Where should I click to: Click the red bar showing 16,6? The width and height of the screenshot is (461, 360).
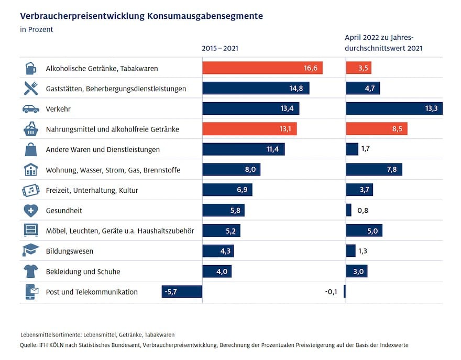(x=262, y=68)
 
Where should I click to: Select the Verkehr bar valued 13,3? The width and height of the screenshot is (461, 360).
(x=394, y=108)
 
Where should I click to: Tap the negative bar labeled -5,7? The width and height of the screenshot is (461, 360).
(x=182, y=292)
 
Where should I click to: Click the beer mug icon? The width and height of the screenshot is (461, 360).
(x=31, y=68)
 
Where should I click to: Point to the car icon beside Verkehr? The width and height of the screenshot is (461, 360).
(x=31, y=109)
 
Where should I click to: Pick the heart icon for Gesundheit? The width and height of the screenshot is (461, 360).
(x=31, y=211)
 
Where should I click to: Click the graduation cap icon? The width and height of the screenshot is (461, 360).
(x=31, y=251)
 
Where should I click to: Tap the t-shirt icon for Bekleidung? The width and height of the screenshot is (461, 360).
(x=31, y=271)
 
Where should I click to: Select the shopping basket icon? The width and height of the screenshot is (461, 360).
(x=31, y=129)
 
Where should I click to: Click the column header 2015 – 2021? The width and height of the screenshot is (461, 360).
(x=220, y=48)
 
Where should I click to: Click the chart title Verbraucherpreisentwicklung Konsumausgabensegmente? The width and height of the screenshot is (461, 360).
(x=141, y=16)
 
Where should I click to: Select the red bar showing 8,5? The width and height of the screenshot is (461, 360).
(x=377, y=129)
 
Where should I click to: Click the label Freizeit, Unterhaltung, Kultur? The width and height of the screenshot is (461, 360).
(x=92, y=190)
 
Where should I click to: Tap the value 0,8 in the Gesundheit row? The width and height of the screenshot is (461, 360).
(x=363, y=211)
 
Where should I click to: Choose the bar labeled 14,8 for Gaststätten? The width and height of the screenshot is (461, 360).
(x=256, y=89)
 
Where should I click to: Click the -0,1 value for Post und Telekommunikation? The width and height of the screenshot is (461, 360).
(x=331, y=292)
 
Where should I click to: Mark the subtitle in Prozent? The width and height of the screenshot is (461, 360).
(x=36, y=29)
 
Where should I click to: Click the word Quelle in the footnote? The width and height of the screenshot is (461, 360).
(x=28, y=345)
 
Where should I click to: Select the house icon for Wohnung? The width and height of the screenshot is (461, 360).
(x=31, y=170)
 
